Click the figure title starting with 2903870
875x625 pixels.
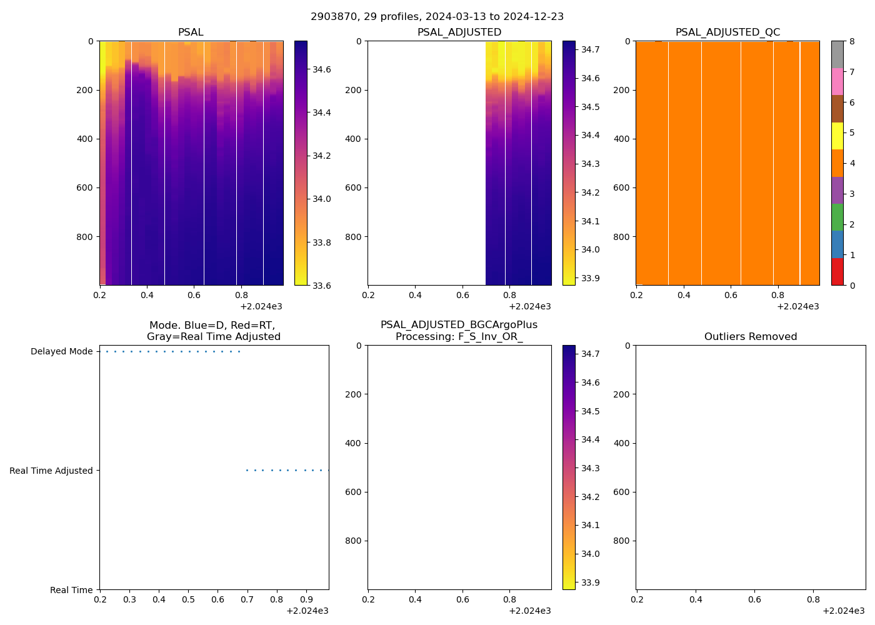point(437,16)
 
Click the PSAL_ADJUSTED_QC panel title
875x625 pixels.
point(727,32)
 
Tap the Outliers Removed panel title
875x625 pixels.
point(750,337)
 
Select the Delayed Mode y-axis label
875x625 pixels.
point(61,351)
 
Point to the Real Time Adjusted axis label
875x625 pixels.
point(51,471)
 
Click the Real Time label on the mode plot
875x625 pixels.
point(71,590)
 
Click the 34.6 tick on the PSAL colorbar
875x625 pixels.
point(322,69)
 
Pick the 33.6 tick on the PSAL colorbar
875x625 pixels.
point(322,286)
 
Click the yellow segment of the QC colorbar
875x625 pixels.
point(837,136)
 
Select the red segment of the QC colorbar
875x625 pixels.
point(837,272)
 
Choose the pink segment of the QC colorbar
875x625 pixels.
point(837,81)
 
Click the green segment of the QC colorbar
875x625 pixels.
point(837,217)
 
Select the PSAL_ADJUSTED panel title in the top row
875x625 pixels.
point(459,32)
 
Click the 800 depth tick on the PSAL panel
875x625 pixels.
point(86,237)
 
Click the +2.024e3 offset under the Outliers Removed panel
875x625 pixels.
point(843,611)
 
